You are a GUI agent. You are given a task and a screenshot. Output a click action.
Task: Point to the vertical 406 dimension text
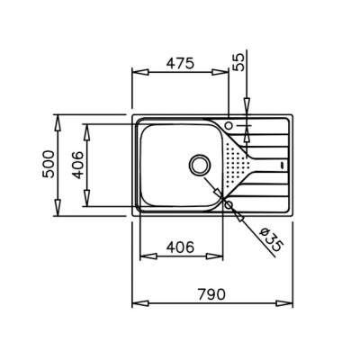coord(78,165)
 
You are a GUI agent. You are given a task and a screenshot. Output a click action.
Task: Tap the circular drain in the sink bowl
coord(199,165)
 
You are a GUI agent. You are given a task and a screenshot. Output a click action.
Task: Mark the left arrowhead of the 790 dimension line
coord(136,306)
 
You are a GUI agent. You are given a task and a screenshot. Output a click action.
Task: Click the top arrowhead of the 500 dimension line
coord(58,118)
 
